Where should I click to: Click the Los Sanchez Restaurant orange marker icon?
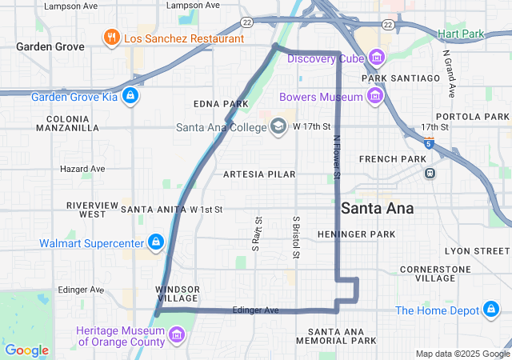(x=111, y=37)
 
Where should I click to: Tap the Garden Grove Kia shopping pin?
(x=131, y=98)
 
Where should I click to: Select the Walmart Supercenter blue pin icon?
(x=155, y=242)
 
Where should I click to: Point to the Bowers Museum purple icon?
(x=374, y=97)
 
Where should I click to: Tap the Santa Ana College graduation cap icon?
(x=278, y=126)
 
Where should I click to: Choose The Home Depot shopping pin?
(x=490, y=310)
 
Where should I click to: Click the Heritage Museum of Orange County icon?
(x=178, y=334)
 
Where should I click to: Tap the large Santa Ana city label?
(x=378, y=208)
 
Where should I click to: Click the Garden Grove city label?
(x=50, y=46)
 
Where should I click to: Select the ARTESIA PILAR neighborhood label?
(x=259, y=174)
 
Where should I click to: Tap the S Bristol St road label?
(x=296, y=238)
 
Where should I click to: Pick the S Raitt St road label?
(x=258, y=233)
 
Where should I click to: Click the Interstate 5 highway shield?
(x=430, y=144)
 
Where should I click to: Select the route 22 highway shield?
(x=247, y=22)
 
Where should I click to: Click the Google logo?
(x=26, y=350)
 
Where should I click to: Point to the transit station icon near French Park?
(x=430, y=173)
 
